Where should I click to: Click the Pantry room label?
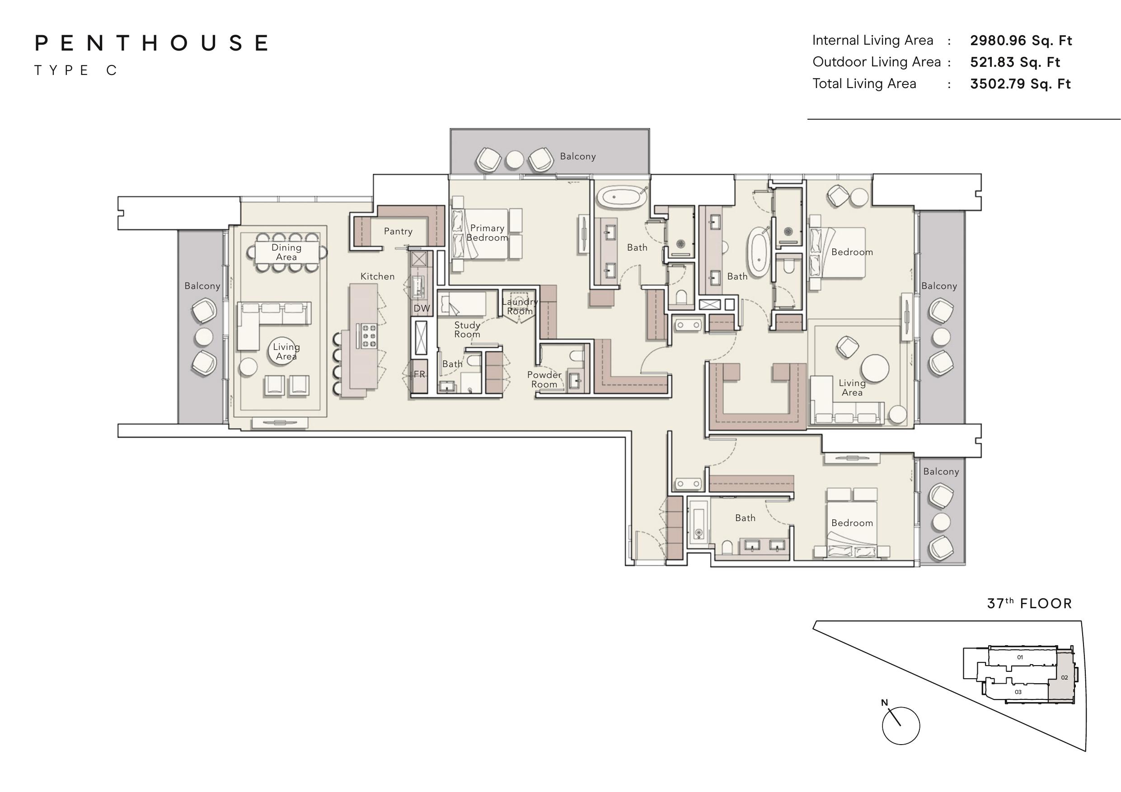click(x=398, y=231)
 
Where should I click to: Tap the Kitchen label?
click(x=377, y=276)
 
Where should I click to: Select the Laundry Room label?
click(x=520, y=307)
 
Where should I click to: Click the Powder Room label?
click(x=544, y=380)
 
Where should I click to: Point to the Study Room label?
click(x=467, y=329)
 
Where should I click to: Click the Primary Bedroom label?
click(x=487, y=233)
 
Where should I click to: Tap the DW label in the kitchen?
click(x=422, y=308)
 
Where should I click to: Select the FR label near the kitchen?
click(x=419, y=374)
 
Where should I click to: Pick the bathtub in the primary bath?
click(x=621, y=197)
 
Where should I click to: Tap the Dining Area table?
click(x=287, y=252)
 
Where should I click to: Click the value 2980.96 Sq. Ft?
click(x=1021, y=41)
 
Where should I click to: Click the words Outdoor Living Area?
click(x=877, y=62)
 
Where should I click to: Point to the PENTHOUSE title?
click(x=152, y=43)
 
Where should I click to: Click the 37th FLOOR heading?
click(x=1029, y=604)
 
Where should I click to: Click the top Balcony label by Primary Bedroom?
click(x=577, y=157)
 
